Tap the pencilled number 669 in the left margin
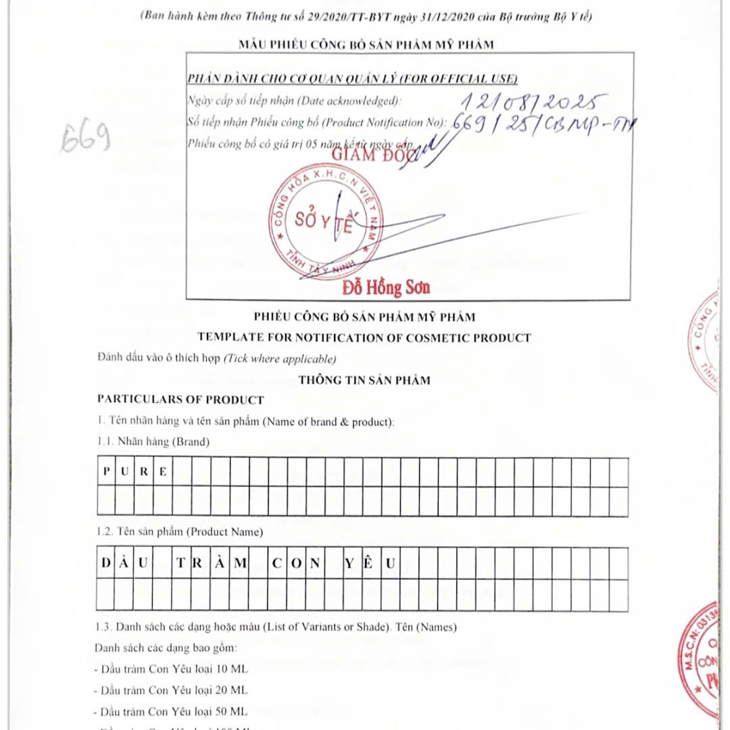pyautogui.click(x=86, y=140)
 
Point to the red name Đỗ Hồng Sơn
pyautogui.click(x=386, y=288)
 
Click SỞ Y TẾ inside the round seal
pyautogui.click(x=324, y=222)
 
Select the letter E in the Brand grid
pyautogui.click(x=163, y=472)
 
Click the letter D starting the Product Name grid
pyautogui.click(x=106, y=563)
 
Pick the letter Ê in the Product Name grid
pyautogui.click(x=368, y=563)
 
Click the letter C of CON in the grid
pyautogui.click(x=277, y=563)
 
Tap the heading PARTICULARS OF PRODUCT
pyautogui.click(x=180, y=399)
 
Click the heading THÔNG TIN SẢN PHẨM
pyautogui.click(x=364, y=380)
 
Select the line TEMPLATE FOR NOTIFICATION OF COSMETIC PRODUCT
pyautogui.click(x=364, y=337)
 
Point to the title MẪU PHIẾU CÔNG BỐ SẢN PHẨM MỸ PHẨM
pyautogui.click(x=366, y=45)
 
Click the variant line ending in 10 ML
pyautogui.click(x=173, y=669)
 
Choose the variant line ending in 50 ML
pyautogui.click(x=173, y=711)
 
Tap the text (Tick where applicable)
pyautogui.click(x=280, y=358)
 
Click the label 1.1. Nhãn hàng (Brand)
pyautogui.click(x=153, y=442)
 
